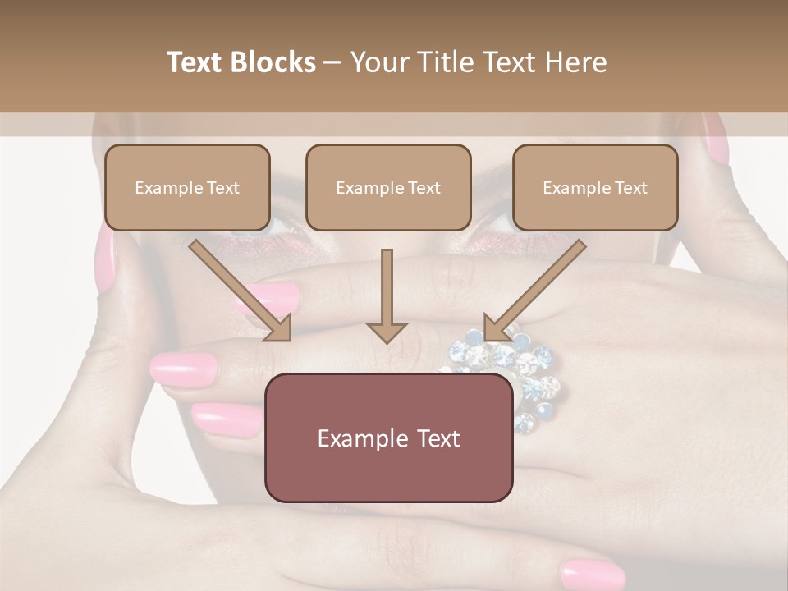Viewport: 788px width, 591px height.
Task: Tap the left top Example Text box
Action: [x=187, y=188]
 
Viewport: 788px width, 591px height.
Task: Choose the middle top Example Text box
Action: [x=388, y=188]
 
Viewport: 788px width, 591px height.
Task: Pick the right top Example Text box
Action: [x=595, y=188]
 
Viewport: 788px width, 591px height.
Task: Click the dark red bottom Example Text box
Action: [x=388, y=438]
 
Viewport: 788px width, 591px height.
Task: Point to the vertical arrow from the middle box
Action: [x=387, y=295]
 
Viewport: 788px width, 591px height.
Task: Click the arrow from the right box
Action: [x=534, y=290]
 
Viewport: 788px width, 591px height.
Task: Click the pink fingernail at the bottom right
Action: [x=593, y=573]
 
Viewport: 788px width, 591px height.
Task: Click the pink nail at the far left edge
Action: [x=105, y=259]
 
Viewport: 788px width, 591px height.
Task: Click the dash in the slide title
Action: [x=332, y=62]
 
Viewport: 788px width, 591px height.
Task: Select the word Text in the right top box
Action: [x=631, y=188]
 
